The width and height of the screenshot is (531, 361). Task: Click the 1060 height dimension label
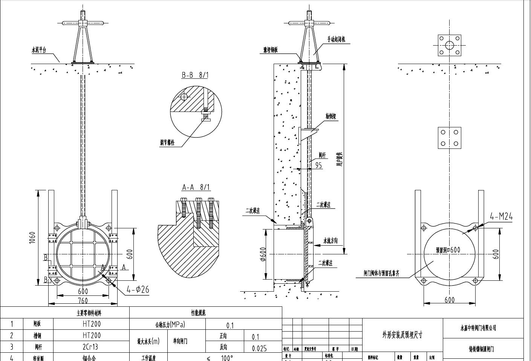[x=32, y=237]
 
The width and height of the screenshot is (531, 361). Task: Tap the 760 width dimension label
[x=83, y=301]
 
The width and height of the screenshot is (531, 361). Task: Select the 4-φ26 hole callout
[x=138, y=289]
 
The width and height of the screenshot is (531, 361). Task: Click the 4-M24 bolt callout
[x=501, y=216]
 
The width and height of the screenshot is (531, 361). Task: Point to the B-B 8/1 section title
[x=195, y=75]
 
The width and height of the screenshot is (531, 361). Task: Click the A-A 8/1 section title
[x=196, y=187]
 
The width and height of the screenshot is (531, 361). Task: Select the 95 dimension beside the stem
[x=318, y=165]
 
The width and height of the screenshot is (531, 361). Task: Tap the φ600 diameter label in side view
[x=263, y=254]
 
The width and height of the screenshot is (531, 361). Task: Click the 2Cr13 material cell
[x=92, y=347]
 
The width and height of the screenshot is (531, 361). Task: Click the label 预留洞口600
[x=448, y=250]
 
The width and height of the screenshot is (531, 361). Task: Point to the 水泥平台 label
[x=38, y=50]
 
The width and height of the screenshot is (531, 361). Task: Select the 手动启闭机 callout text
[x=336, y=39]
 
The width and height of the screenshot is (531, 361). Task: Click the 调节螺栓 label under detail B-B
[x=167, y=142]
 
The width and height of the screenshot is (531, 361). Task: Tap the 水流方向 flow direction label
[x=331, y=241]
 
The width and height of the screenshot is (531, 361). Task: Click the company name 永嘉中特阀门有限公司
[x=478, y=328]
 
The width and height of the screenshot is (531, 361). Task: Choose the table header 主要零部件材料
[x=89, y=313]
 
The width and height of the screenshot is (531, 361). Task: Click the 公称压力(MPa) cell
[x=170, y=324]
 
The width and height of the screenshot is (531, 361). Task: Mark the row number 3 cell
[x=12, y=347]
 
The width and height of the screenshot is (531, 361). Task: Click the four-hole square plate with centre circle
[x=449, y=45]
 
